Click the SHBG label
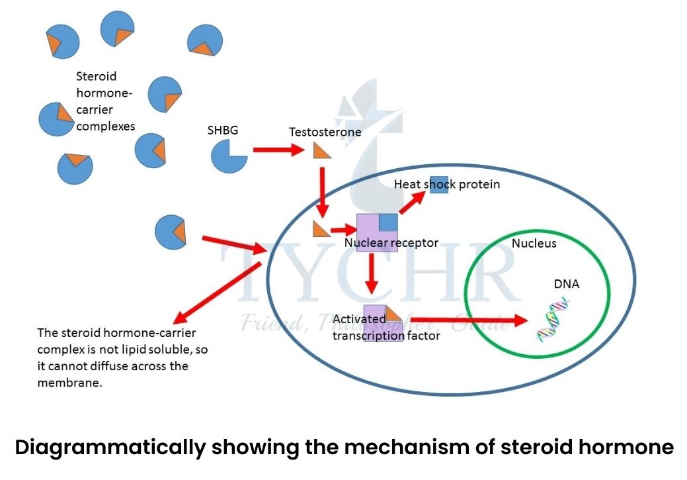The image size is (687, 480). point(222,130)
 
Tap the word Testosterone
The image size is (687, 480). point(325,132)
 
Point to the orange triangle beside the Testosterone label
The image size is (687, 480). point(321,152)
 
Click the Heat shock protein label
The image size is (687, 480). point(446,184)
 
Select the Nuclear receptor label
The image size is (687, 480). point(391,243)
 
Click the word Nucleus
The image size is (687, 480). point(534,244)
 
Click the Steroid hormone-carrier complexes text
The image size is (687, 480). point(105,101)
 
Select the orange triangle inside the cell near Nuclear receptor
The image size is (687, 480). point(321,229)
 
